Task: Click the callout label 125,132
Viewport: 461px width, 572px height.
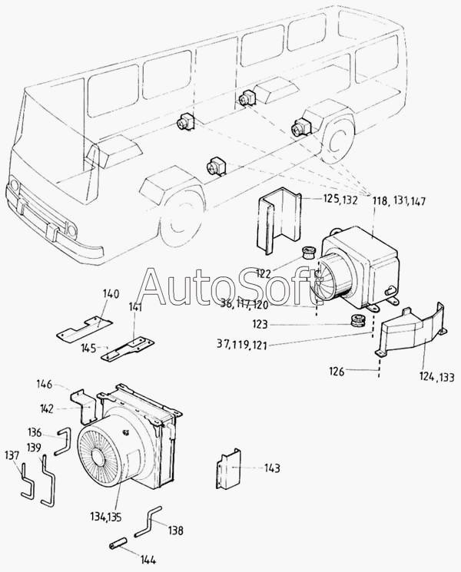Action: coord(339,200)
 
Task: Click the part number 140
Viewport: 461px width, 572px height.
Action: coord(111,293)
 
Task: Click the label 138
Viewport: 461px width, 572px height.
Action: coord(176,530)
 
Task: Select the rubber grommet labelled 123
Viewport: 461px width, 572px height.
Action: coord(357,320)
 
